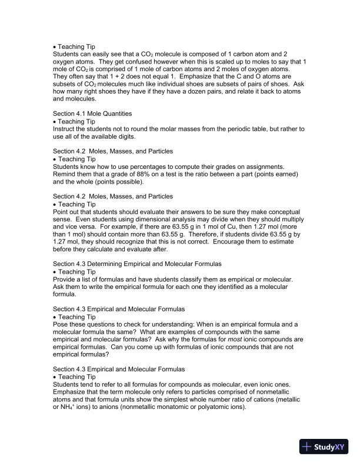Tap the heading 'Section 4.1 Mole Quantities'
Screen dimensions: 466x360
(92, 112)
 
